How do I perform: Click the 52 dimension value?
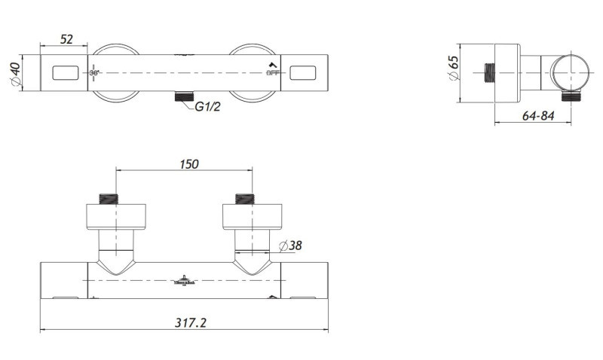click(66, 39)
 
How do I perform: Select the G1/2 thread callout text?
click(207, 107)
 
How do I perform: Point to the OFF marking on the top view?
click(273, 73)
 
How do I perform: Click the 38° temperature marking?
click(95, 73)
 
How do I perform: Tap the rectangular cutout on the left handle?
click(65, 73)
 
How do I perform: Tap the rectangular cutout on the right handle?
click(305, 73)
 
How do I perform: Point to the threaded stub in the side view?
click(487, 73)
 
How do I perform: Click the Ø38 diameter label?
click(290, 246)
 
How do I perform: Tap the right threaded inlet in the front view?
click(246, 199)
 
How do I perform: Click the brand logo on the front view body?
click(184, 279)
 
